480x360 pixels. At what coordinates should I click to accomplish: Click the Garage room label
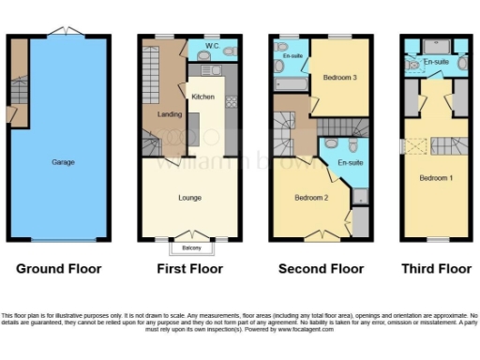[x=64, y=162]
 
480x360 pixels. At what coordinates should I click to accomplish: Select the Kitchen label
[x=203, y=97]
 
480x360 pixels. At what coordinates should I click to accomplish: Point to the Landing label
[x=169, y=115]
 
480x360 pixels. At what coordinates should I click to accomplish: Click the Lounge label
[x=190, y=198]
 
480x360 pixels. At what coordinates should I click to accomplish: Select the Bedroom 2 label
[x=309, y=198]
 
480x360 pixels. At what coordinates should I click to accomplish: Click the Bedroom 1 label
[x=434, y=177]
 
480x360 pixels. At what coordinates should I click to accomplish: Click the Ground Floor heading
[x=58, y=269]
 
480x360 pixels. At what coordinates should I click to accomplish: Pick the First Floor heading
[x=189, y=269]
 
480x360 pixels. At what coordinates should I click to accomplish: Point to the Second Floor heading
[x=322, y=269]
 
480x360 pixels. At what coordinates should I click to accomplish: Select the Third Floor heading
[x=436, y=269]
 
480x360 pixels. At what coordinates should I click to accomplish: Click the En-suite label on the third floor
[x=435, y=62]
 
